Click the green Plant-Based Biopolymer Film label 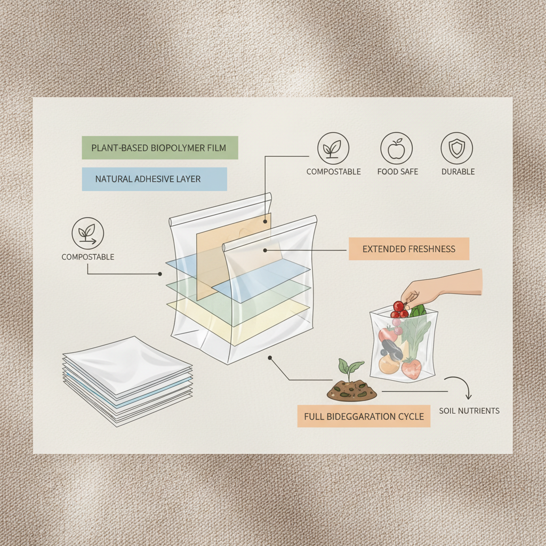(x=160, y=148)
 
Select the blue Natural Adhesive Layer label (x=155, y=179)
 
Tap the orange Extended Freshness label (x=409, y=249)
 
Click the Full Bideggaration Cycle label (x=364, y=416)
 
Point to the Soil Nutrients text (x=469, y=411)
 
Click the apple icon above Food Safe (x=396, y=148)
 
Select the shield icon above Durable (x=457, y=148)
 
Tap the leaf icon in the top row (x=333, y=148)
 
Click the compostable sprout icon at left (x=88, y=234)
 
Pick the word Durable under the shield (x=457, y=172)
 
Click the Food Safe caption (x=397, y=172)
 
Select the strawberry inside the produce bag (x=412, y=368)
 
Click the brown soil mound (x=352, y=391)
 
